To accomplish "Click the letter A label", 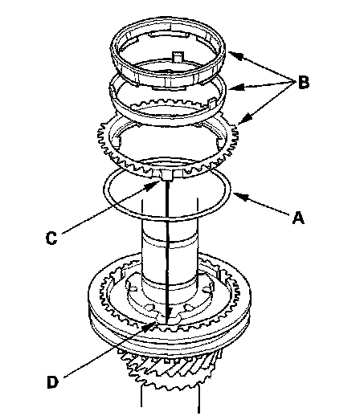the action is pyautogui.click(x=298, y=218).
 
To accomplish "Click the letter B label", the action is pyautogui.click(x=304, y=83).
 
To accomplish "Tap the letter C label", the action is pyautogui.click(x=51, y=238).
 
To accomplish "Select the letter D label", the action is pyautogui.click(x=52, y=382).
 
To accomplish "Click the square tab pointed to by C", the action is pyautogui.click(x=166, y=175).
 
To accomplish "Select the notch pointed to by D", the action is pyautogui.click(x=166, y=319).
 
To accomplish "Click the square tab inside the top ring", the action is pyautogui.click(x=178, y=57).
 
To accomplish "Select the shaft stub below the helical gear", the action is pyautogui.click(x=170, y=399).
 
